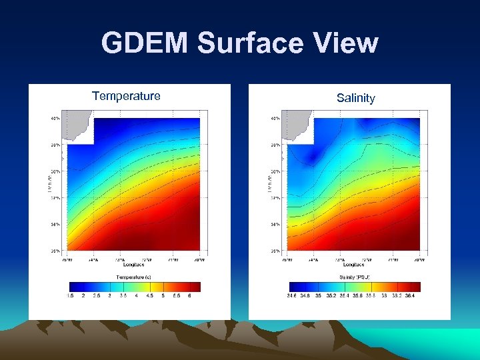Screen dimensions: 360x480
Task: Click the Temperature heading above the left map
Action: (126, 96)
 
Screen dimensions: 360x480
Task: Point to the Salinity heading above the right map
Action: (355, 99)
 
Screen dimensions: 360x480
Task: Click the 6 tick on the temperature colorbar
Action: (189, 295)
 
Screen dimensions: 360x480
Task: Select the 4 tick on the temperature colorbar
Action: (136, 295)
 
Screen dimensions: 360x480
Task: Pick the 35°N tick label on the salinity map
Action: (275, 251)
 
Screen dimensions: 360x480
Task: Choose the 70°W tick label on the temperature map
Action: (199, 259)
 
